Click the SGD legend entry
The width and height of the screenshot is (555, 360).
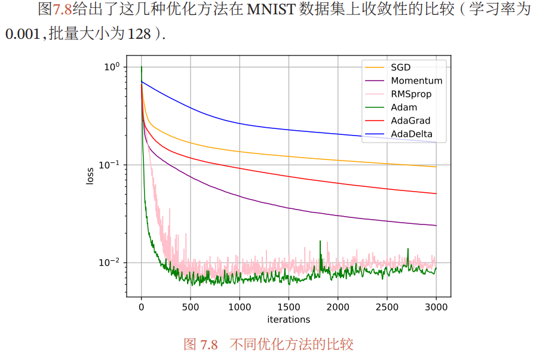400,67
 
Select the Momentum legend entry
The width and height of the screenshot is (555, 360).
416,81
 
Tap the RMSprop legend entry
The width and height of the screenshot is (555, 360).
411,94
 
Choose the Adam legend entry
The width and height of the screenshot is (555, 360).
404,107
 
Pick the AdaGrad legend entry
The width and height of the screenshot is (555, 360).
410,121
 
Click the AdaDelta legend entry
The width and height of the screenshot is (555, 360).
412,134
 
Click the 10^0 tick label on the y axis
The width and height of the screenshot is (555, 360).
112,66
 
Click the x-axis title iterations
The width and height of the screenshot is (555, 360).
289,319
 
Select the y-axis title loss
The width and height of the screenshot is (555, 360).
90,176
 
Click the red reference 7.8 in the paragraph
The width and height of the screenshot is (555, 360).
62,10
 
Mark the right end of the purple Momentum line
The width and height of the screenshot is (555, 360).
436,226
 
